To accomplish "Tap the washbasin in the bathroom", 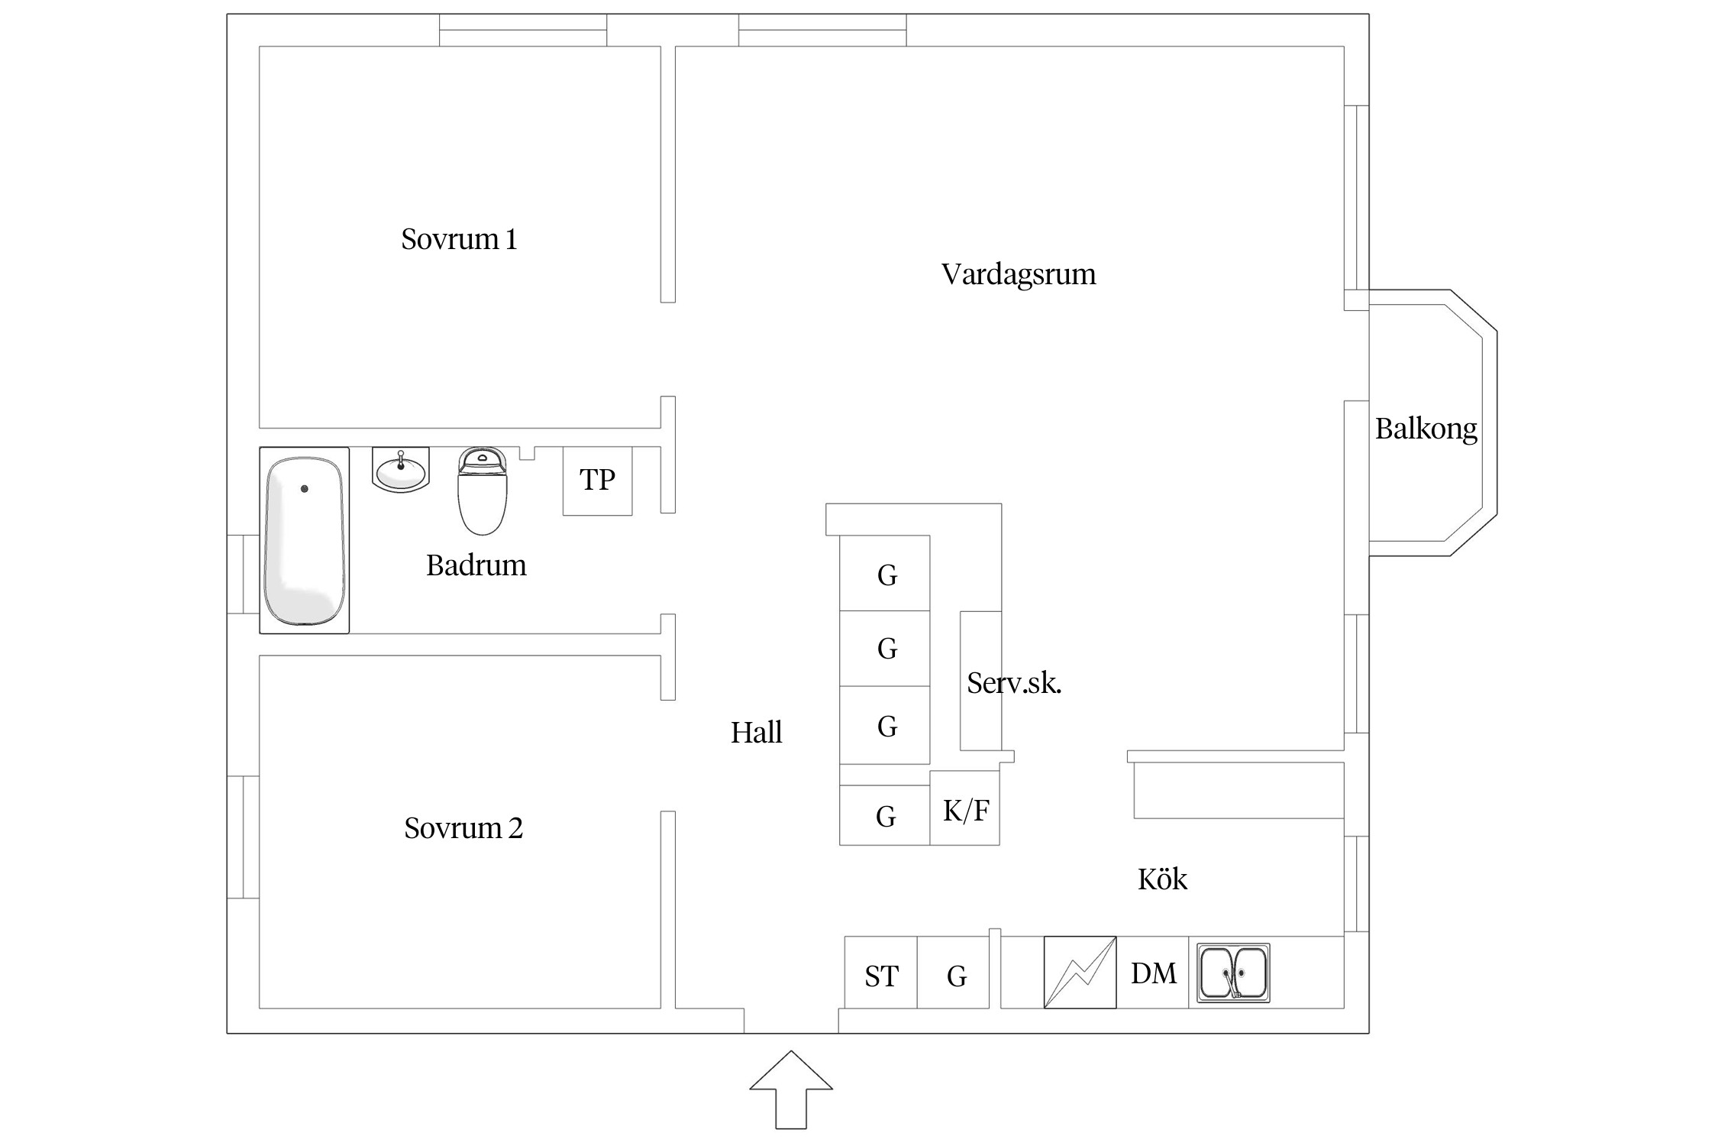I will tap(401, 471).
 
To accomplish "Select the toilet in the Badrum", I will tap(482, 493).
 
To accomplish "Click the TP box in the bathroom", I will tap(597, 481).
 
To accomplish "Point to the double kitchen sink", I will tap(1232, 973).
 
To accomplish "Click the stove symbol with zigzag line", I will tap(1080, 973).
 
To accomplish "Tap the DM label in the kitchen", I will tap(1153, 973).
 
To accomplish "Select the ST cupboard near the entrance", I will tap(880, 976).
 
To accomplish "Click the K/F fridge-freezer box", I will tap(965, 810).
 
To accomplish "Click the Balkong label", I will tap(1426, 429).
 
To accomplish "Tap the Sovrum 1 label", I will tap(459, 239).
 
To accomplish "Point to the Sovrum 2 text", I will tap(463, 827).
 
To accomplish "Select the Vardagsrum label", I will tap(1018, 274).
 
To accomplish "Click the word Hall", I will tap(756, 732).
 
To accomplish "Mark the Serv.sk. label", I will tap(1013, 682).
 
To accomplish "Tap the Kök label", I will tap(1161, 879).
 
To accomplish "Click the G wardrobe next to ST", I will tap(956, 976).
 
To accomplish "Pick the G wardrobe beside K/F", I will tap(885, 817).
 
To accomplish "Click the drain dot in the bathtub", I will tap(304, 489).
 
